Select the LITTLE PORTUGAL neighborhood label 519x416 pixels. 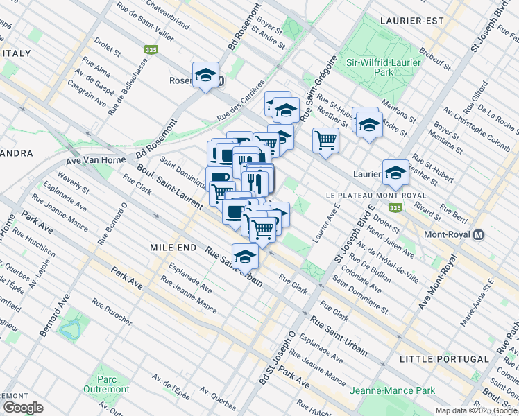(444, 358)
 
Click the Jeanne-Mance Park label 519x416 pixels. (392, 390)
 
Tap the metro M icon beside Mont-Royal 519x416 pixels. (479, 235)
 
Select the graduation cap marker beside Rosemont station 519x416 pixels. (205, 75)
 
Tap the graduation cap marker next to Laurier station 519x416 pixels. (395, 173)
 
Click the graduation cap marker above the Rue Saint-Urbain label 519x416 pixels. (245, 257)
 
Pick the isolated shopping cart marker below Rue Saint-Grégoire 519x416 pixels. (325, 140)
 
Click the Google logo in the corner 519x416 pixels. (24, 407)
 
